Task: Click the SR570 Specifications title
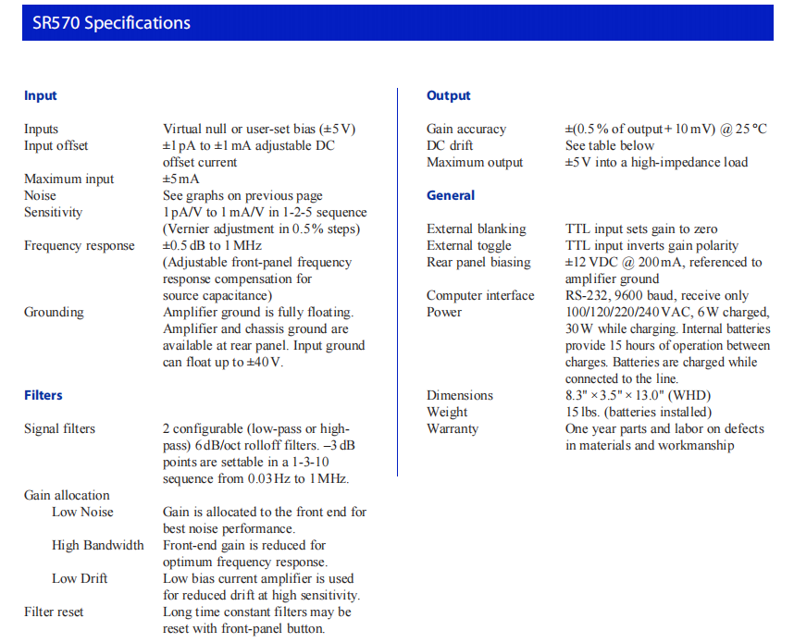(x=111, y=23)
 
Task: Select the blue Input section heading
(x=41, y=96)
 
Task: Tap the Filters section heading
(x=43, y=396)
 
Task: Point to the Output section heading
(x=449, y=96)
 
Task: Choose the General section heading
(x=451, y=196)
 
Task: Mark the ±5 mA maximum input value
(x=181, y=179)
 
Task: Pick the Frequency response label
(x=80, y=246)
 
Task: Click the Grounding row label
(x=54, y=313)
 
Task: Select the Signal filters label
(x=59, y=429)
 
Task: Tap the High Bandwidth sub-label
(x=98, y=546)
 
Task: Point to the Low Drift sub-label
(x=80, y=579)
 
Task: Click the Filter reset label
(x=54, y=612)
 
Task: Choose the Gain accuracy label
(x=466, y=130)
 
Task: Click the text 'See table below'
(x=610, y=146)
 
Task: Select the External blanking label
(x=476, y=229)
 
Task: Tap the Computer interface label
(x=480, y=296)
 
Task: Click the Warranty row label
(x=453, y=429)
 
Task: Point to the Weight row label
(x=447, y=413)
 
